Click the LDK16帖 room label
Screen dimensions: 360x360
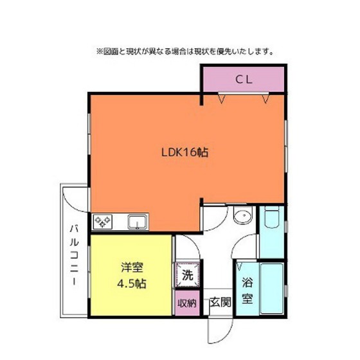coord(185,152)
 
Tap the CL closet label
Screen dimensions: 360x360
coord(244,80)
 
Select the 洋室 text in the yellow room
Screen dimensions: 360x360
coord(132,267)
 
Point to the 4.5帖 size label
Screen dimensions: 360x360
coord(132,283)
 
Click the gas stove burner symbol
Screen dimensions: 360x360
coord(103,222)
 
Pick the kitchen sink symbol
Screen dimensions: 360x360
coord(138,222)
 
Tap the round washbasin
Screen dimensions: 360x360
coord(243,215)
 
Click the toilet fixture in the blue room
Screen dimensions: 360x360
coord(271,217)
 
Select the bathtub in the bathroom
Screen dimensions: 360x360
coord(271,289)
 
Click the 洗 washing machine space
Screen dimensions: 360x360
coord(187,275)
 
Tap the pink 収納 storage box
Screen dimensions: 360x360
coord(187,303)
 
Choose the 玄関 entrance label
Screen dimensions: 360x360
coord(221,302)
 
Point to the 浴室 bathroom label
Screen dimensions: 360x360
coord(248,291)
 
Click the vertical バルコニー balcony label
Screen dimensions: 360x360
coord(74,255)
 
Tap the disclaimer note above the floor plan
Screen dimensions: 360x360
coord(185,51)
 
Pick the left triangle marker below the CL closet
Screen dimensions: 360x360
coord(221,100)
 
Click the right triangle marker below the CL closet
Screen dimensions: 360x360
coord(265,100)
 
